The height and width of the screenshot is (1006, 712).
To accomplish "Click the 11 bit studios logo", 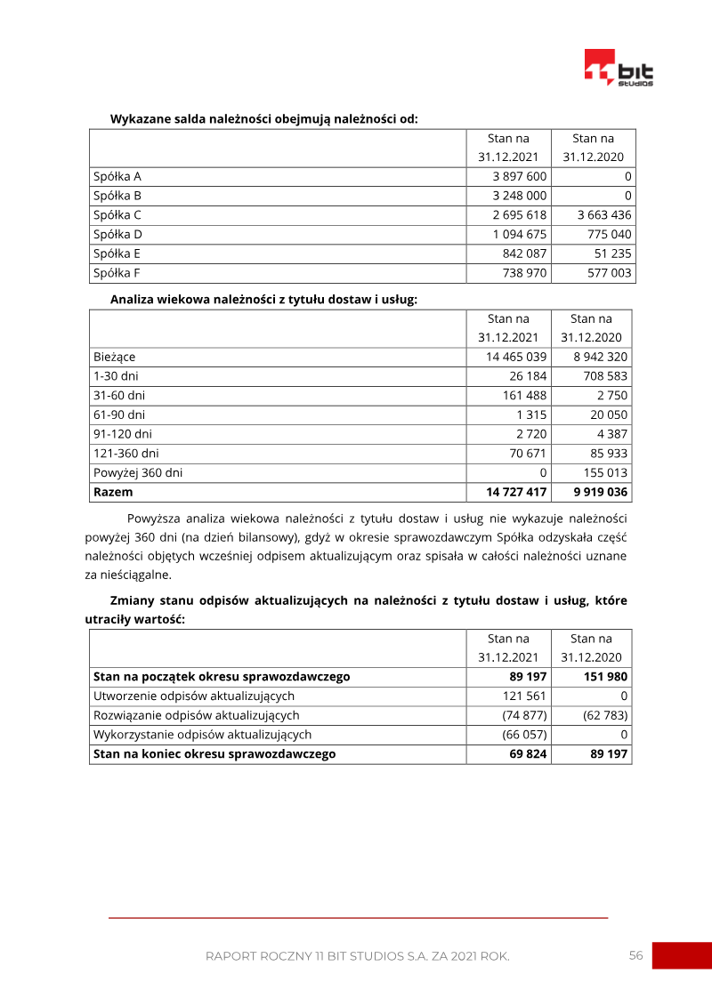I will tap(619, 68).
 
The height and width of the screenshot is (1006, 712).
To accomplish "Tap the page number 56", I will tap(635, 955).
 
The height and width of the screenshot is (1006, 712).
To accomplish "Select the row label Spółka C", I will tap(117, 214).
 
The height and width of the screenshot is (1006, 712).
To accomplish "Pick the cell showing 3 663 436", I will tap(604, 214).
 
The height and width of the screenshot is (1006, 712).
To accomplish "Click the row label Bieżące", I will tap(115, 357).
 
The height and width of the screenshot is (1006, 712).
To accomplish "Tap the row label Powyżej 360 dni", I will tap(138, 472).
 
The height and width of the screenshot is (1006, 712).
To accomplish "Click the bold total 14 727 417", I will tap(516, 492).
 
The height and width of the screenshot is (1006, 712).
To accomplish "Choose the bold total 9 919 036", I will tap(600, 492).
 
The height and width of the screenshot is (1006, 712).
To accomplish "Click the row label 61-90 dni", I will tap(119, 414).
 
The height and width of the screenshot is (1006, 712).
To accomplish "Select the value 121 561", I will tap(525, 696).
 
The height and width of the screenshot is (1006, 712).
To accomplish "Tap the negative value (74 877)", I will tap(525, 715).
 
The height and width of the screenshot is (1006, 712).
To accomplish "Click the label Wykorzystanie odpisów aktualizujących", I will tap(202, 735).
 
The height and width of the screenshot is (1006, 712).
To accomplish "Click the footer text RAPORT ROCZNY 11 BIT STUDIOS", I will tap(357, 956).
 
